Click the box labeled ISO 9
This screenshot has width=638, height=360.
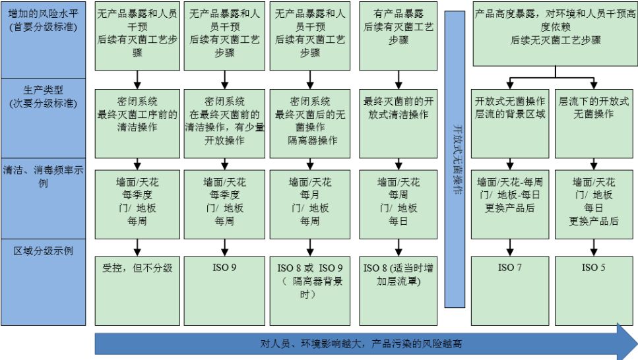point(224,291)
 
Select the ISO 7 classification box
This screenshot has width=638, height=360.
point(510,291)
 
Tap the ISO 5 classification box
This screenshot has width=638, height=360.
point(594,291)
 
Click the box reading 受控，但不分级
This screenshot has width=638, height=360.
point(137,291)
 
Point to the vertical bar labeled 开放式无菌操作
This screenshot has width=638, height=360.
point(455,159)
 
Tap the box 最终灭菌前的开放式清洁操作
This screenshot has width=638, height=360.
point(398,124)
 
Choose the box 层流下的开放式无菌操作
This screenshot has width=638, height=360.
point(594,124)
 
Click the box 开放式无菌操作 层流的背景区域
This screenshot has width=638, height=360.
point(510,124)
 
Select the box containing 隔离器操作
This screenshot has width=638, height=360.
point(309,124)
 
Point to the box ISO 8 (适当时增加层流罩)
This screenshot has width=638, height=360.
point(398,291)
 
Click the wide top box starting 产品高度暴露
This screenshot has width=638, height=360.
point(556,34)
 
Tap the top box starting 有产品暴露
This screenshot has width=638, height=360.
point(398,36)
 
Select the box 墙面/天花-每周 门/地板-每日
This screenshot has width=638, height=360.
point(510,204)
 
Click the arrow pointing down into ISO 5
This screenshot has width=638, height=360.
point(594,248)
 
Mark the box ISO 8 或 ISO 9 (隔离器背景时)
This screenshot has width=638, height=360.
point(309,291)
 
